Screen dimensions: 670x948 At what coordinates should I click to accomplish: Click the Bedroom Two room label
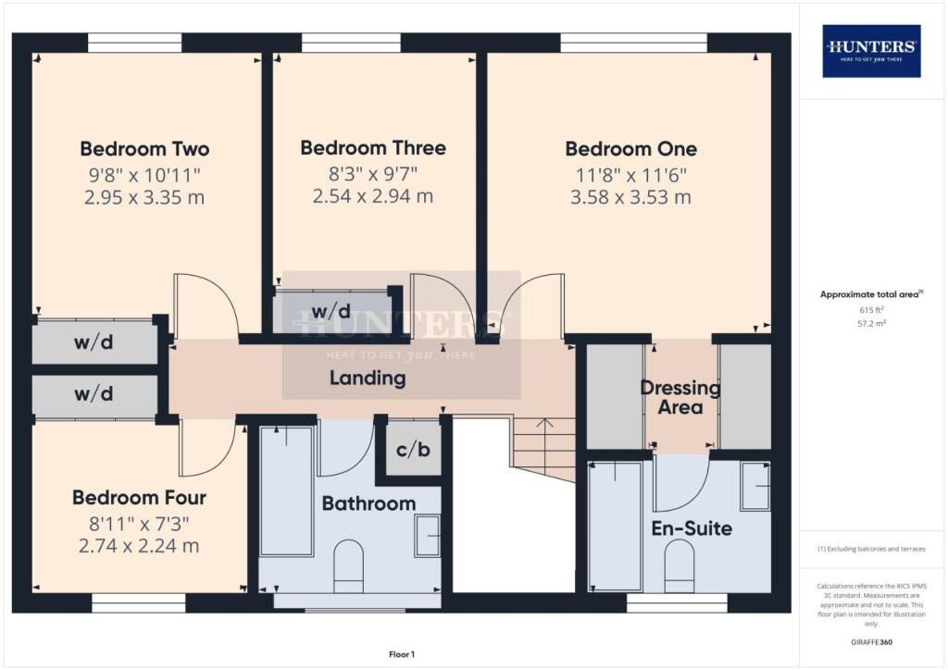[x=144, y=149]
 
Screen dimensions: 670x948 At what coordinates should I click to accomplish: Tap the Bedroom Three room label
[x=373, y=148]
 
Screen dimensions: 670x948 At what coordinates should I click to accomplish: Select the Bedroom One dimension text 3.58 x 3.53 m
[x=630, y=197]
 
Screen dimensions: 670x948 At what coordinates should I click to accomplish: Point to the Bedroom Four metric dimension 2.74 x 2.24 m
[x=139, y=545]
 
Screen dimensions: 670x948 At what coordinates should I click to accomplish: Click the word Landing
[x=368, y=378]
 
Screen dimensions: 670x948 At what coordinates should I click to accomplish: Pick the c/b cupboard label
[x=412, y=451]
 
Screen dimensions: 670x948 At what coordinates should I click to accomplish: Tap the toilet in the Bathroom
[x=349, y=567]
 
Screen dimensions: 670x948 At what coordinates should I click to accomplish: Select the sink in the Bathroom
[x=427, y=537]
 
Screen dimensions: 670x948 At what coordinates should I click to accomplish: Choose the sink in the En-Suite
[x=755, y=487]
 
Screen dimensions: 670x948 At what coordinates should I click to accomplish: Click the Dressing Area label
[x=680, y=397]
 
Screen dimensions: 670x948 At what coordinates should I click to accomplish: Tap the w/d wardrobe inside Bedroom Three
[x=331, y=311]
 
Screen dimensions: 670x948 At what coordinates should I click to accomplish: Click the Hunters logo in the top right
[x=871, y=50]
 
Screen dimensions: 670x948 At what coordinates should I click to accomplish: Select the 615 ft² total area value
[x=871, y=310]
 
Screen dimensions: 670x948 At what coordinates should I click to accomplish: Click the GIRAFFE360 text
[x=871, y=641]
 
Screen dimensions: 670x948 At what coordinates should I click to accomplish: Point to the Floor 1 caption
[x=402, y=654]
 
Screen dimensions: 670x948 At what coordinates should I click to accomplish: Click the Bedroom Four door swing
[x=206, y=449]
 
